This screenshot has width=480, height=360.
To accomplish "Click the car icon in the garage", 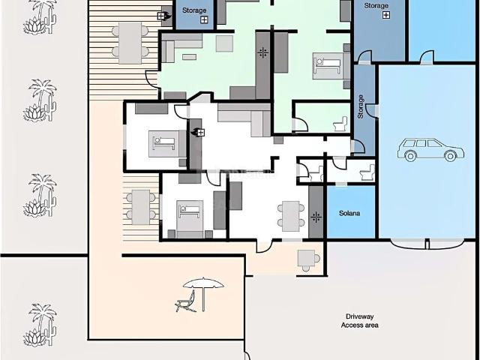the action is (430, 150).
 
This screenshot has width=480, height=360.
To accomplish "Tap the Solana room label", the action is (349, 213).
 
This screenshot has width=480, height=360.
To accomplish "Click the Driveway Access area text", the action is (360, 321).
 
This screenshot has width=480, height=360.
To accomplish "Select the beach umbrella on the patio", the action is (203, 294).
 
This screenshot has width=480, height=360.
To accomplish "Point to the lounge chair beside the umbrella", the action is (185, 302).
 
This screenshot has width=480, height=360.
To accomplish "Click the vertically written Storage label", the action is (361, 106).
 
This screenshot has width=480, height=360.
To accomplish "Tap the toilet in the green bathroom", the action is (340, 124).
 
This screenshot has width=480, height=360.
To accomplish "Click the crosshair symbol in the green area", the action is (263, 52).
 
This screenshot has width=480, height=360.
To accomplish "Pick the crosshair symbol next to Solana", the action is (316, 217).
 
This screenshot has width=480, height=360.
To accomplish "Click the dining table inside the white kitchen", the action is (291, 216).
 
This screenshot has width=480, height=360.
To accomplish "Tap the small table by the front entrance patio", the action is (306, 258).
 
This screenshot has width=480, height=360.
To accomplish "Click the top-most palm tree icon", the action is (40, 16).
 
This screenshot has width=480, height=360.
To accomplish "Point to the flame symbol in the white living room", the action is (194, 132).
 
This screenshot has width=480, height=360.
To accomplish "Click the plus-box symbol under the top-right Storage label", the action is (386, 15).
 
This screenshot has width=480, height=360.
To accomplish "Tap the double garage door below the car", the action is (427, 243).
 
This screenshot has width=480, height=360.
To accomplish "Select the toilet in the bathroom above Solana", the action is (367, 172).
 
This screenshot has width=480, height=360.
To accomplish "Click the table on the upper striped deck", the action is (130, 43).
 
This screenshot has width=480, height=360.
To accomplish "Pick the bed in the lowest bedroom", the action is (190, 215).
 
